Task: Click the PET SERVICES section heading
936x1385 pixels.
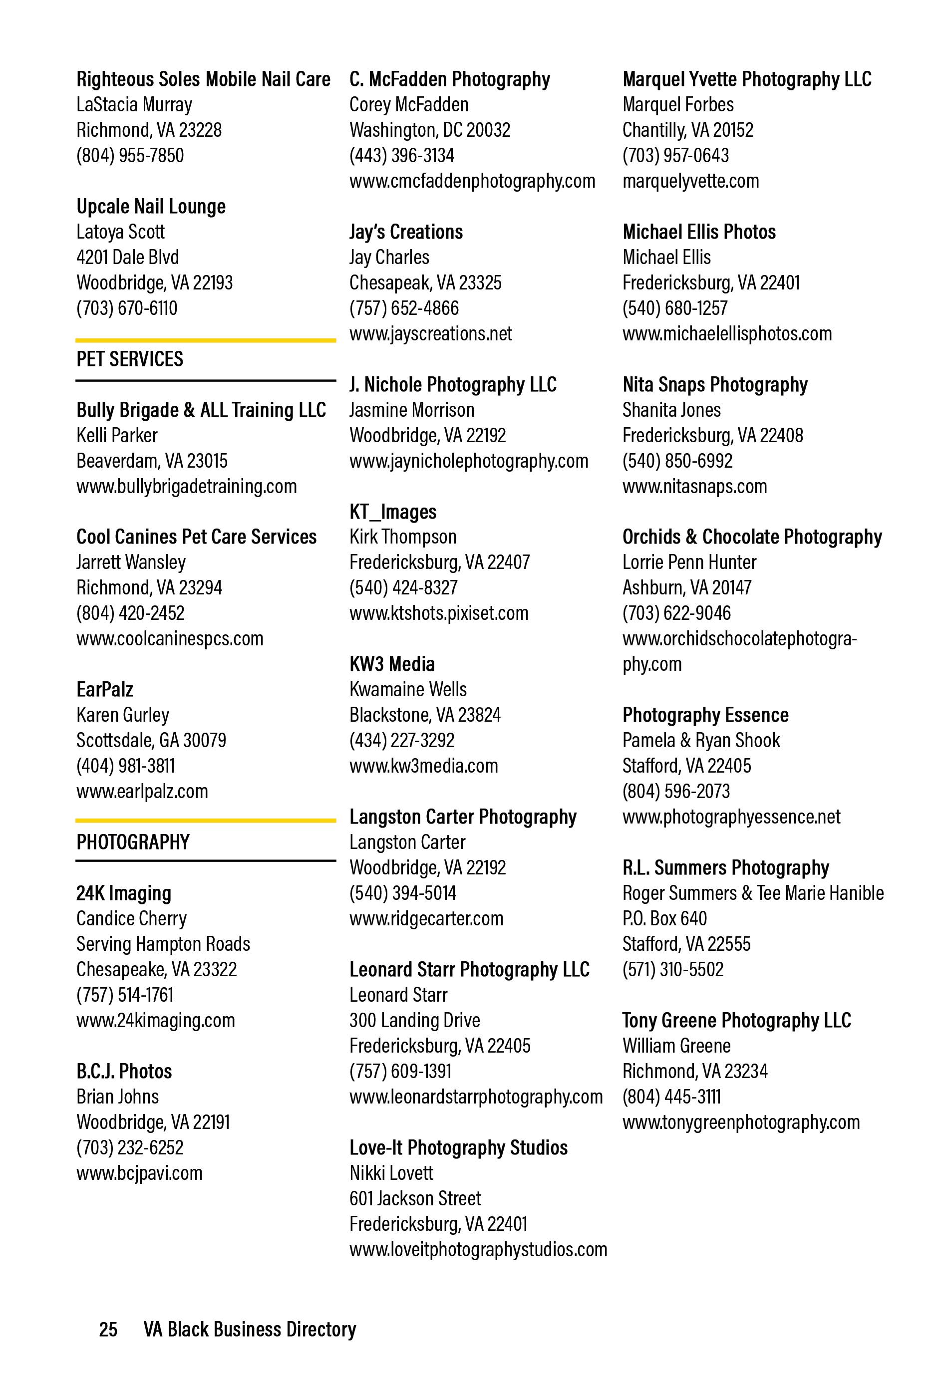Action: click(x=129, y=359)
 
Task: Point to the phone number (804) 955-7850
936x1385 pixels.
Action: click(x=129, y=156)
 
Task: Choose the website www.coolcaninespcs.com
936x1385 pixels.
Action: click(x=169, y=638)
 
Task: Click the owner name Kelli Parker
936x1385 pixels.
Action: click(x=116, y=435)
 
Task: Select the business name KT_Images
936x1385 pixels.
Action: click(x=392, y=512)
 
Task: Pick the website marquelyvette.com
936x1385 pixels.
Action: click(x=690, y=181)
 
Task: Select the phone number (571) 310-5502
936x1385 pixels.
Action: click(x=672, y=969)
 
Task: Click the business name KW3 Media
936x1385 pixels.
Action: click(x=392, y=664)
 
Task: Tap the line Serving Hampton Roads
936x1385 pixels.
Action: click(x=163, y=943)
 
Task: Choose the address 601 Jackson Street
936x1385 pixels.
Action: click(x=414, y=1198)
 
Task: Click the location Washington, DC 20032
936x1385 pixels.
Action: click(x=429, y=130)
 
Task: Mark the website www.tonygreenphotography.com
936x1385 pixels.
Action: click(x=740, y=1121)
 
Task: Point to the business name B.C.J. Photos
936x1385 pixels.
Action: click(x=123, y=1071)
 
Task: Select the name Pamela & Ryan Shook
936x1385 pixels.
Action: click(x=700, y=740)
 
